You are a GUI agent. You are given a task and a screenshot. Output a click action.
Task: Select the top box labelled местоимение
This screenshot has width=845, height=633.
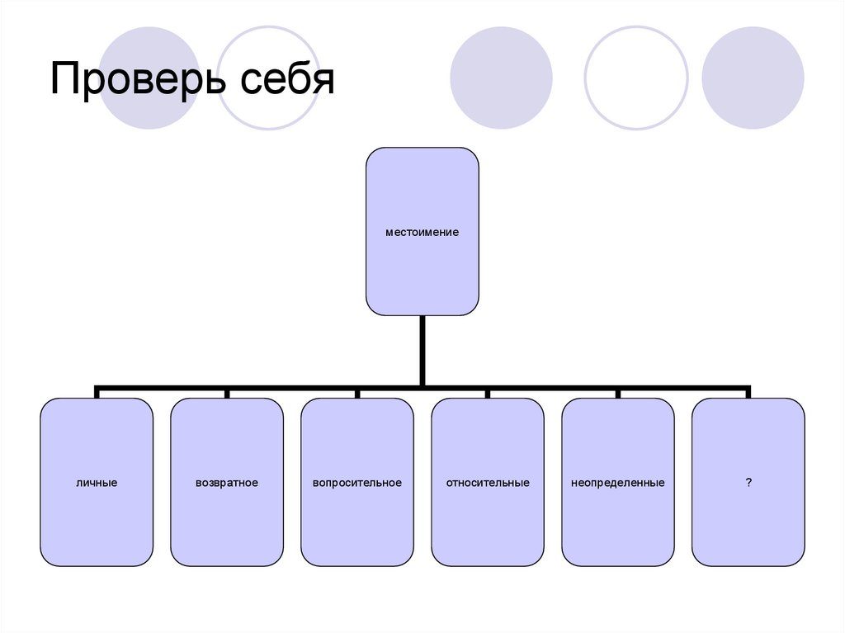422,231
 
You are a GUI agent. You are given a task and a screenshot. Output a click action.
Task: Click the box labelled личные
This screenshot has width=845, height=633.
97,482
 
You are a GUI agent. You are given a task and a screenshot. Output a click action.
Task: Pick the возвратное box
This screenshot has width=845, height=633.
227,482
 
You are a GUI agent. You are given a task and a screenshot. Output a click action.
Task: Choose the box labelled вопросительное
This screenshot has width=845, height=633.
357,482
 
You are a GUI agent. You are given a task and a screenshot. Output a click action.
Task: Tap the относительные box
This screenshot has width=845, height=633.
488,482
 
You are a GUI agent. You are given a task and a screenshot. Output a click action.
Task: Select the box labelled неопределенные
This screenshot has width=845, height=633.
618,482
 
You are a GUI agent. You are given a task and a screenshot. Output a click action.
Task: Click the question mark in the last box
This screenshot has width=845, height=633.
748,482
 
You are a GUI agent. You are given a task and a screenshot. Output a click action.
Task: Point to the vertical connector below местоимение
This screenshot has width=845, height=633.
422,351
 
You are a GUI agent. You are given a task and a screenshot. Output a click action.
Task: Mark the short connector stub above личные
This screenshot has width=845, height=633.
97,392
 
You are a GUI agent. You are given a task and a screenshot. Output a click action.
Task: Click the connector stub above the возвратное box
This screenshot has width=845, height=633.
227,392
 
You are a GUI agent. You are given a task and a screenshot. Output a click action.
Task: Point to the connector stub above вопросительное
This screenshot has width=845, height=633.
357,392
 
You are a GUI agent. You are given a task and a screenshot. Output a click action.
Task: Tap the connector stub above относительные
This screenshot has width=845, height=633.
488,392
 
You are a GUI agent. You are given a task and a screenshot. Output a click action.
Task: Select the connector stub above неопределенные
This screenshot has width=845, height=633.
618,392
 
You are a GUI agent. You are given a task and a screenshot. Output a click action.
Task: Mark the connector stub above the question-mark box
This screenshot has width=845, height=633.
748,392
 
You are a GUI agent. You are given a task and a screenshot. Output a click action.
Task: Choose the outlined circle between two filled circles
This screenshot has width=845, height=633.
635,78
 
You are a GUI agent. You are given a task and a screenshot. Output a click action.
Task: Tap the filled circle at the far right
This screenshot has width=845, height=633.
753,78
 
